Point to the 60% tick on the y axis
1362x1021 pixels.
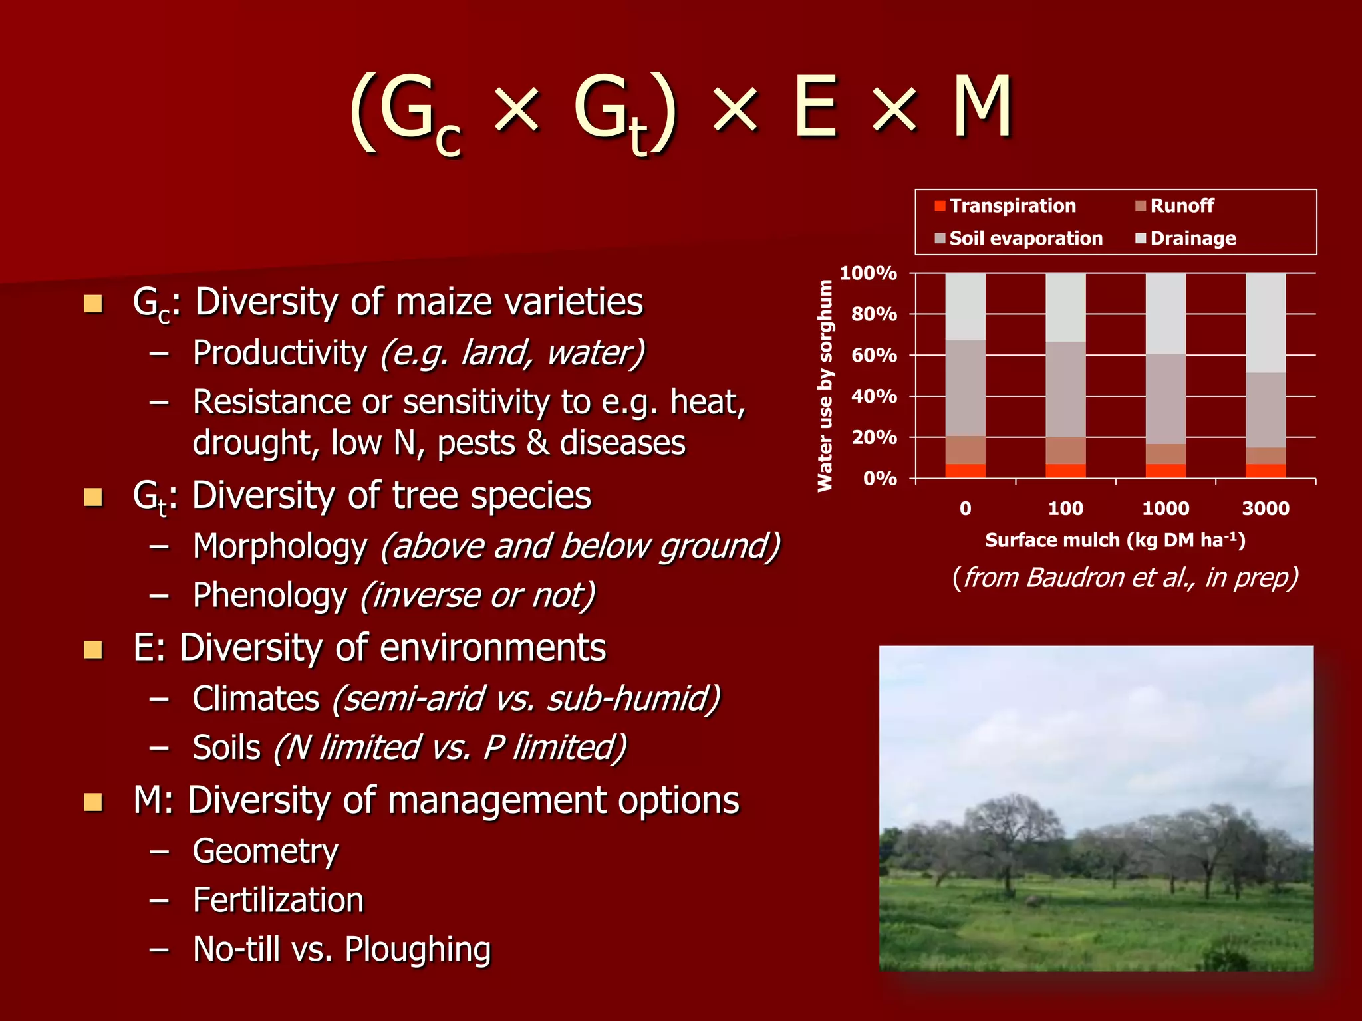tap(874, 356)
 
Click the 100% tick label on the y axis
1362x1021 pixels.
tap(868, 273)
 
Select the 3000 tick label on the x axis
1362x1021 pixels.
tap(1266, 509)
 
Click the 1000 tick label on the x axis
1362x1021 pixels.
tap(1165, 509)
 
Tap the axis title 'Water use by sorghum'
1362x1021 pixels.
tap(825, 386)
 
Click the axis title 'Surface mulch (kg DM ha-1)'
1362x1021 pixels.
tap(1115, 540)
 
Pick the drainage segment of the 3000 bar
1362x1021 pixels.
tap(1266, 322)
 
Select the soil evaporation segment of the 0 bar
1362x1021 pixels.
tap(966, 388)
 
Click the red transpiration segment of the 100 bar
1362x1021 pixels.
tap(1065, 471)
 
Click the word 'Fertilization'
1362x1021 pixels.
tap(278, 900)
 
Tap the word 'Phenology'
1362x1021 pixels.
tap(269, 596)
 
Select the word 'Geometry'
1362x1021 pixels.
tap(265, 851)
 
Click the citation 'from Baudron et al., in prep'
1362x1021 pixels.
tap(1125, 578)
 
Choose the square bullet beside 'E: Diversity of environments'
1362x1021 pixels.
tap(93, 649)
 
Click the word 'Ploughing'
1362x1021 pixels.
tap(418, 949)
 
